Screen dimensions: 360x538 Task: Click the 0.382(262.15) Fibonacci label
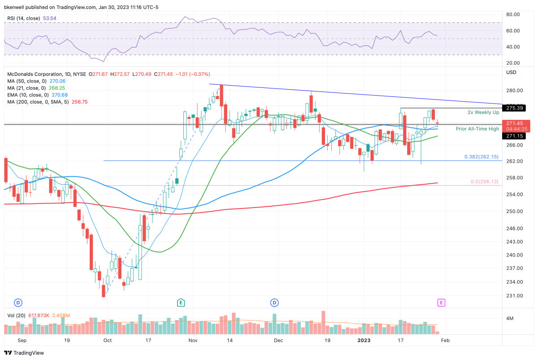click(482, 157)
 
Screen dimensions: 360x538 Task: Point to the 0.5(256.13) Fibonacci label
click(484, 181)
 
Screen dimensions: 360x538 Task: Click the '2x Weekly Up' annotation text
click(483, 112)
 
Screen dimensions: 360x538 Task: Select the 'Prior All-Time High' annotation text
click(477, 129)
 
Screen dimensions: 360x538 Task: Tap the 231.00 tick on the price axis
click(514, 295)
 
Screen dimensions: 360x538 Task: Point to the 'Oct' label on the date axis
click(107, 340)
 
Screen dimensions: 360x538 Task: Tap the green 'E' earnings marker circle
click(181, 303)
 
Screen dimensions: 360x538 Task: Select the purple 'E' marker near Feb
click(441, 303)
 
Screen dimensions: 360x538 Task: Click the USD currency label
click(511, 72)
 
